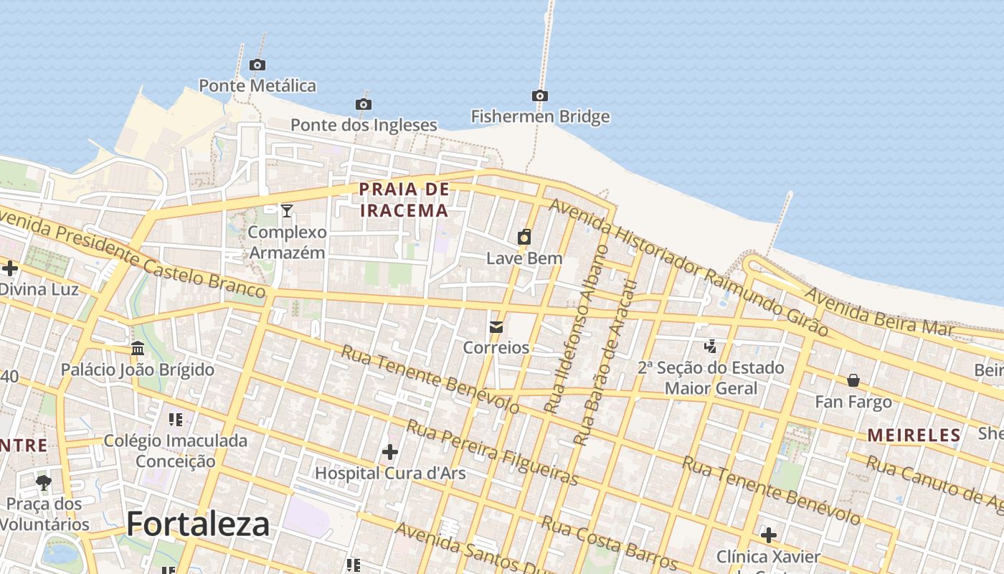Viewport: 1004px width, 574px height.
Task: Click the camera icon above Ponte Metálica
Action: coord(257,65)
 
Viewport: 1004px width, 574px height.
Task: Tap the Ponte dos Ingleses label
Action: coord(364,125)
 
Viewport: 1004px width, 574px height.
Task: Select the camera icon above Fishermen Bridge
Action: coord(540,96)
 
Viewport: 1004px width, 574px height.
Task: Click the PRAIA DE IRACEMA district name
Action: coord(404,199)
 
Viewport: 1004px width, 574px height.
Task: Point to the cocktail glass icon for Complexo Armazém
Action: coord(287,210)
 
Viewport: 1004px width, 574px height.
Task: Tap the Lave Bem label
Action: coord(524,258)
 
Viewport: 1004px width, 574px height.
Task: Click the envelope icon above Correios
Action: coord(496,327)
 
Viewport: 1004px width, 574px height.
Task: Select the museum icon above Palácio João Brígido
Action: coord(138,349)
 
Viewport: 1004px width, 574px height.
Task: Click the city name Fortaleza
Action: coord(199,524)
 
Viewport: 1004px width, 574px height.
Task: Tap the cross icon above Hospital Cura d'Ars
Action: coord(390,452)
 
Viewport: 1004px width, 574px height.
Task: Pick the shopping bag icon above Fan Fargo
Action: coord(853,380)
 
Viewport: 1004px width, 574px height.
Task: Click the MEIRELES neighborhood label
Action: coord(914,436)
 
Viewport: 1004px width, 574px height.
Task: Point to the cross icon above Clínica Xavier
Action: coord(768,535)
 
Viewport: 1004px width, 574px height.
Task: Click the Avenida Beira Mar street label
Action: coord(879,312)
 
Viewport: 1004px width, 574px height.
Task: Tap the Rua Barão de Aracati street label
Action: coord(606,362)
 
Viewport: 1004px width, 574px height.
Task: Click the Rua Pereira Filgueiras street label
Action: coord(492,453)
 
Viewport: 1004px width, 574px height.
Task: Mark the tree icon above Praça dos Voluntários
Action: coord(44,482)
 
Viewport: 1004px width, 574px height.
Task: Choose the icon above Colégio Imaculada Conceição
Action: coord(176,419)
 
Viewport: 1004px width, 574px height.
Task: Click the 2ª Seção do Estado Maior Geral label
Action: coord(711,378)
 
